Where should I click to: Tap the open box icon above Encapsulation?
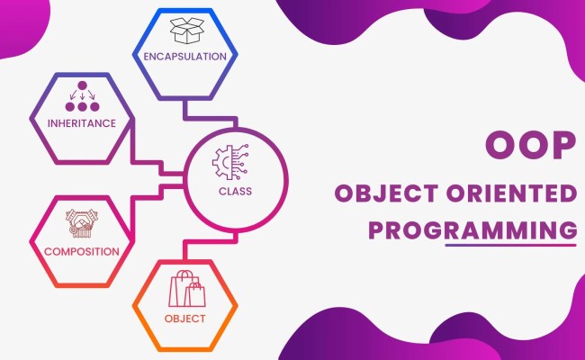click(x=184, y=31)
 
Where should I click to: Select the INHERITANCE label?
click(x=83, y=123)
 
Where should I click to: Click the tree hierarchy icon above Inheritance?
click(x=83, y=98)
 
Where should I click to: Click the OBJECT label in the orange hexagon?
click(x=185, y=318)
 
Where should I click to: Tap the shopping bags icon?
click(x=185, y=290)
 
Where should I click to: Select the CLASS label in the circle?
click(x=235, y=191)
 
